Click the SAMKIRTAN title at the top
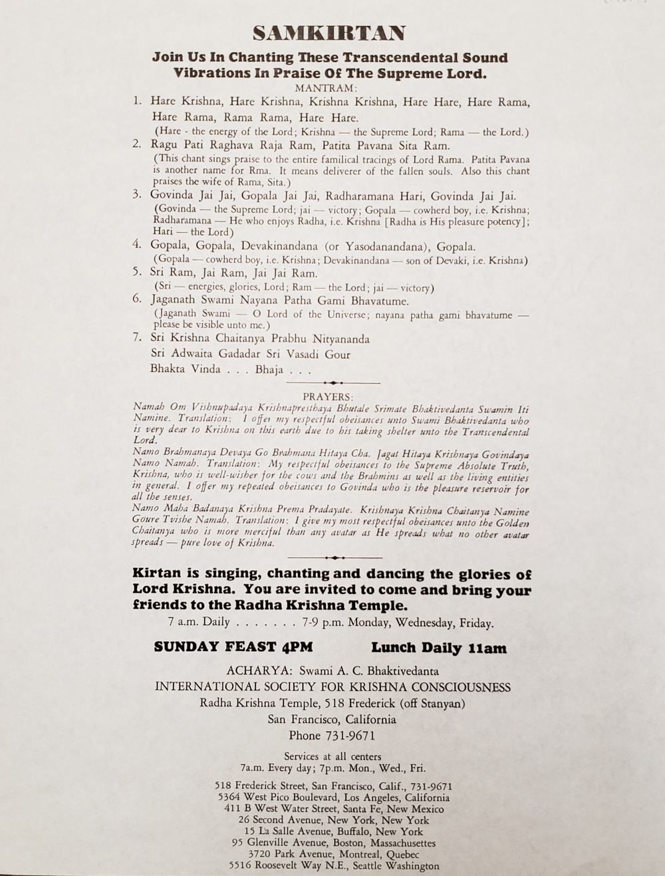[x=329, y=33]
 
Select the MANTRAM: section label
[x=326, y=88]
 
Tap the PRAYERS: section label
[x=328, y=397]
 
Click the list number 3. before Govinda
[x=137, y=195]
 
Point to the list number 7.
[x=137, y=338]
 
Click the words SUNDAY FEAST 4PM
[x=233, y=647]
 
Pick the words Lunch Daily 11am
[x=439, y=648]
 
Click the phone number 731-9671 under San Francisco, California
[x=350, y=736]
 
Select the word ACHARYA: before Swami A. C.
[x=259, y=671]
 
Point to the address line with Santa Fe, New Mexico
[x=334, y=809]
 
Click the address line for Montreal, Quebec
[x=334, y=854]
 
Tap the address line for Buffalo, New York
[x=334, y=831]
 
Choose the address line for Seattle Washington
[x=334, y=866]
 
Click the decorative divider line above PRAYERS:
[x=333, y=383]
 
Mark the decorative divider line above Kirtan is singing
[x=334, y=557]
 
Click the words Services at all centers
[x=332, y=756]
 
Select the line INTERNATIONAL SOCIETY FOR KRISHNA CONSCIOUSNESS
[x=332, y=687]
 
